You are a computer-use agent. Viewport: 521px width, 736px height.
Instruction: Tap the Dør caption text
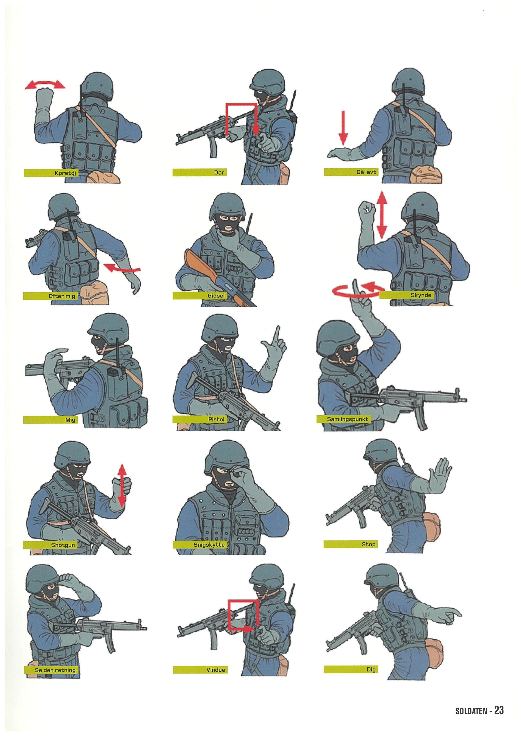[219, 173]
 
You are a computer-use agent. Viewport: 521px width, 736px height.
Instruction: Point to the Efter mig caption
[62, 296]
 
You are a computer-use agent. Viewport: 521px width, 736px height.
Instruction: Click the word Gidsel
[216, 296]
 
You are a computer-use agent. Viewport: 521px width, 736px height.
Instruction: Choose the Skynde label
[421, 295]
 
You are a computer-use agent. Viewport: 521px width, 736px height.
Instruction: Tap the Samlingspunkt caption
[347, 419]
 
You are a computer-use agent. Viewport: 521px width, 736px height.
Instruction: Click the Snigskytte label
[209, 545]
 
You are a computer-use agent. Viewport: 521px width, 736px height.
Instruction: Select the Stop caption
[368, 544]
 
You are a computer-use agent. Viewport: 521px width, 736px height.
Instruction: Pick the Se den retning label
[55, 670]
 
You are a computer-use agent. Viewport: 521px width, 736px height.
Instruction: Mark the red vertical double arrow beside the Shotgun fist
[122, 486]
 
